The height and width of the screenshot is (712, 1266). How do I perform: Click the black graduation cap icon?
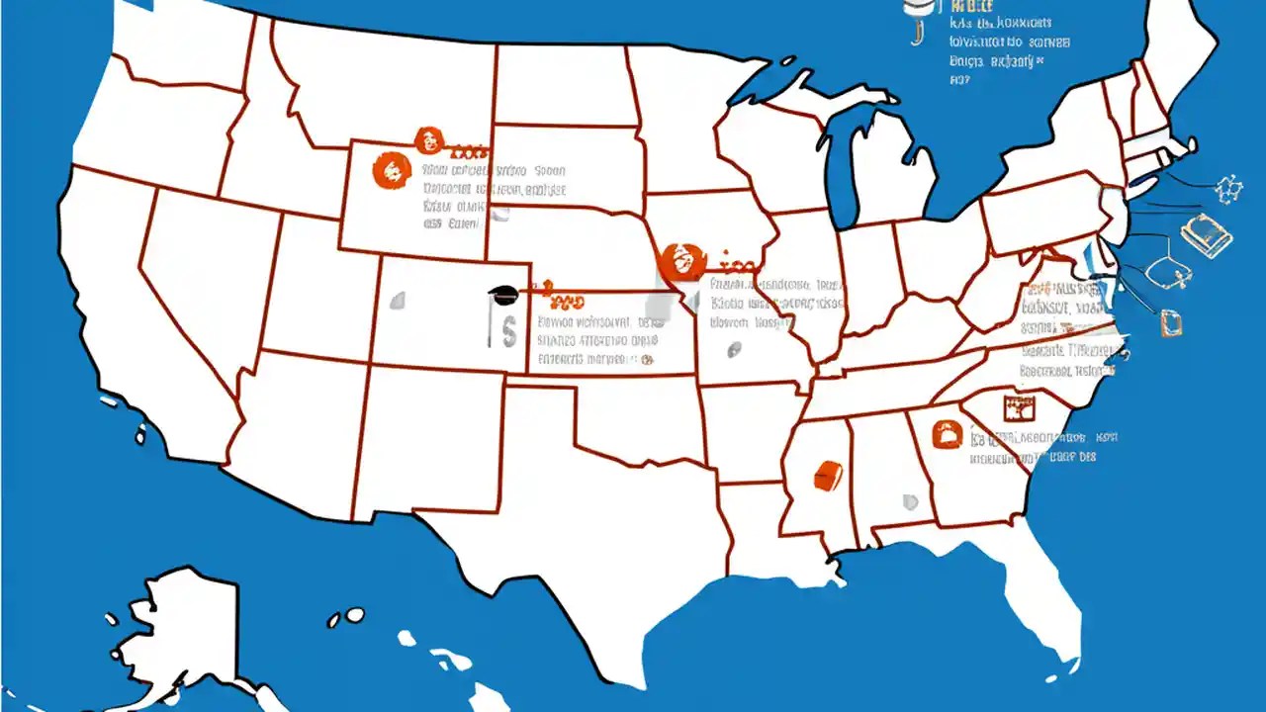501,292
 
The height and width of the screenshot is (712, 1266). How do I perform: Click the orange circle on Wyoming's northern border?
428,140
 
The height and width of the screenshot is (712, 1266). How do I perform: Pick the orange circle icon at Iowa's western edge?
680,261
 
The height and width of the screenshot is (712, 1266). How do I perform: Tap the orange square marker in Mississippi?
826,476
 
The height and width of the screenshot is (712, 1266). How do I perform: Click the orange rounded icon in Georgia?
948,433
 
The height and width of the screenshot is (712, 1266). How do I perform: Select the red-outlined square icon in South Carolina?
1017,407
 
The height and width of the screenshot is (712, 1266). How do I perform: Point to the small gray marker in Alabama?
909,502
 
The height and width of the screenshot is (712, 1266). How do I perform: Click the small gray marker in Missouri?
734,348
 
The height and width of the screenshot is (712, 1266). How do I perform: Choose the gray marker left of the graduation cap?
398,300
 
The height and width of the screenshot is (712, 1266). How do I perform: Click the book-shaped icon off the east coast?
1208,234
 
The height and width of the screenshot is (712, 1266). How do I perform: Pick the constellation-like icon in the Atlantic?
1228,188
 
